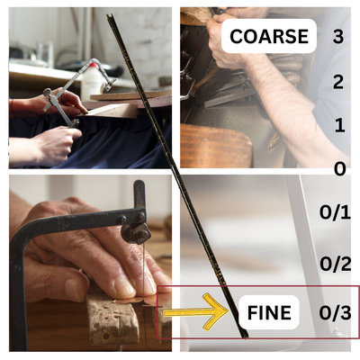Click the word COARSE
click(269, 36)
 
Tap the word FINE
click(269, 312)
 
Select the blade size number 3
click(338, 36)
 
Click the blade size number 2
click(338, 82)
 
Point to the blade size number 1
click(339, 125)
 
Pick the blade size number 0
click(340, 169)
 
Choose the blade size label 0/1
click(335, 212)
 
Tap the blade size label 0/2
click(335, 264)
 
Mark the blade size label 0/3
click(335, 313)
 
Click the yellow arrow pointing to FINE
click(196, 312)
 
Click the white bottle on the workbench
click(90, 80)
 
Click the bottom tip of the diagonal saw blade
click(246, 338)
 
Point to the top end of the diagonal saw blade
click(109, 15)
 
